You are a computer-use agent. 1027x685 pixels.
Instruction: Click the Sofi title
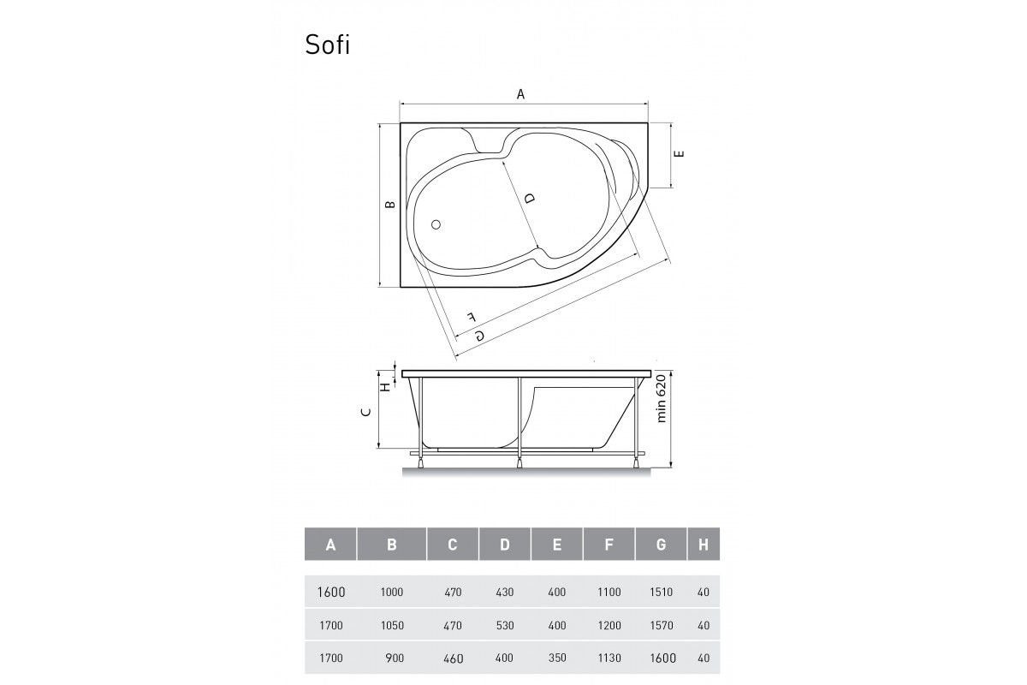point(327,45)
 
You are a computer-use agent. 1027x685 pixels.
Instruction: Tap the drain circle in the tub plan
point(436,224)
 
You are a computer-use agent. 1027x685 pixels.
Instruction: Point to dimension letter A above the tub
point(520,94)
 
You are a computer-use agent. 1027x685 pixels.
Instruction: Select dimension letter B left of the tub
point(390,205)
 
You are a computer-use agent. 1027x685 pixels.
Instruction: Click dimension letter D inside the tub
point(530,198)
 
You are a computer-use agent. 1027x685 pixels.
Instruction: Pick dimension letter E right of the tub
point(680,153)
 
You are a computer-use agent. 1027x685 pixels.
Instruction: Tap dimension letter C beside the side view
point(366,412)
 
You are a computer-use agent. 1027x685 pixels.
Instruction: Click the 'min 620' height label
point(661,398)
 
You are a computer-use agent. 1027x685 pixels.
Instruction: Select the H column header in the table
point(703,545)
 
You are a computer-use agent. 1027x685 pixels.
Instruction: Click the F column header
point(608,545)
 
